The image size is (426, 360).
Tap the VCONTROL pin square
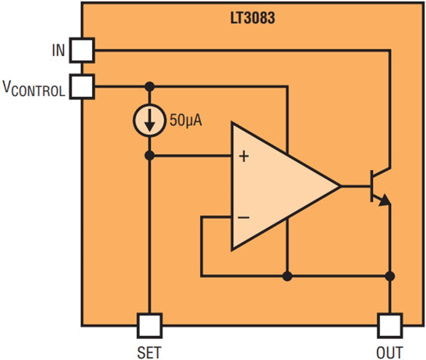click(x=82, y=87)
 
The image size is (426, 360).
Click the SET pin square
click(x=150, y=325)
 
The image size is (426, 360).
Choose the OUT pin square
click(x=390, y=325)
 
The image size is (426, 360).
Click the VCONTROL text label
click(x=34, y=89)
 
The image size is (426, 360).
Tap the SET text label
click(x=150, y=352)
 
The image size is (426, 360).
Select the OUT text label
click(x=390, y=352)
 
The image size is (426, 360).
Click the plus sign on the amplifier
click(x=244, y=156)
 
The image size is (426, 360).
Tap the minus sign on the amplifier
click(x=244, y=217)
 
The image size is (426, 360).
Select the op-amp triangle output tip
click(x=339, y=186)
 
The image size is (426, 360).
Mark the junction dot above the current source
click(x=150, y=87)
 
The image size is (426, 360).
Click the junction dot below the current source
click(x=150, y=155)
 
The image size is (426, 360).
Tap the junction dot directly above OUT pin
click(x=390, y=276)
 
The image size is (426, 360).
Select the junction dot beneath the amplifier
click(x=287, y=276)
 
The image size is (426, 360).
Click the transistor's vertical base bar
click(x=373, y=186)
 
